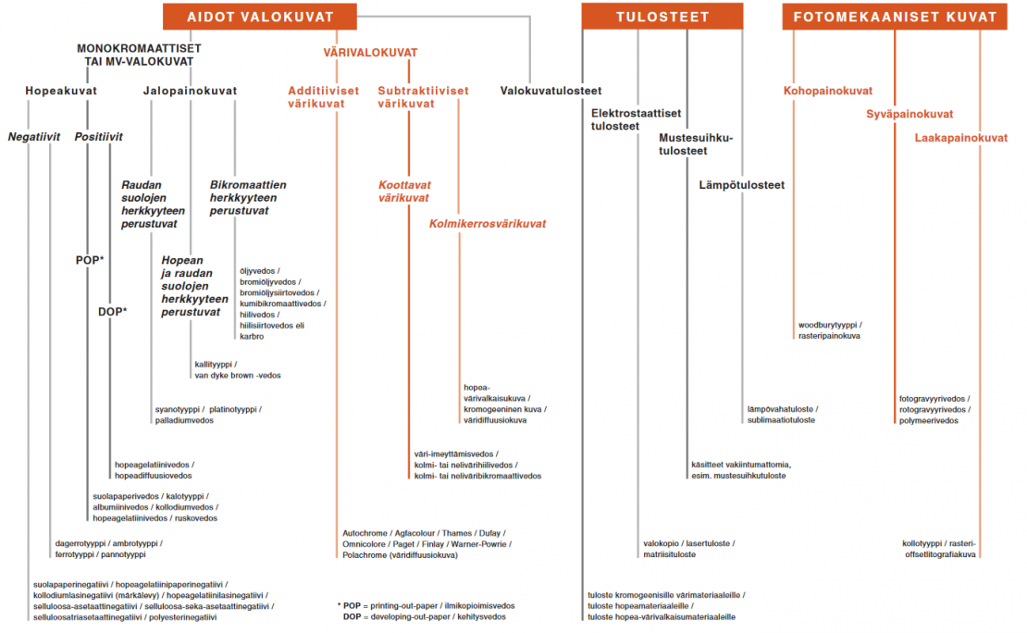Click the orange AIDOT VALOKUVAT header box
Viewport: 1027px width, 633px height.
tap(260, 17)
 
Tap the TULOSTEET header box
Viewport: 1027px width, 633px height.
tap(662, 17)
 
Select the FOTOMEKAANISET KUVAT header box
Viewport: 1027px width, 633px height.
tap(895, 17)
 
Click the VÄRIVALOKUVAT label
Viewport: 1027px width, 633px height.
tap(370, 53)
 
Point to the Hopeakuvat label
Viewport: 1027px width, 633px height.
tap(61, 91)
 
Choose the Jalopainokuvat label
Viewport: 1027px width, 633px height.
tap(190, 91)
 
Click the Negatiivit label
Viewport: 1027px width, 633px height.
tap(34, 136)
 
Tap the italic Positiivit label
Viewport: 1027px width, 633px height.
tap(98, 136)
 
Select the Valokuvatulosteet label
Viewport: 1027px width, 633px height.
tap(551, 91)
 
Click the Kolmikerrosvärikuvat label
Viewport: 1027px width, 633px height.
tap(488, 223)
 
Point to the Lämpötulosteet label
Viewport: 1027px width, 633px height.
tap(741, 185)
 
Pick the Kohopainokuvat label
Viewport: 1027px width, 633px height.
tap(828, 91)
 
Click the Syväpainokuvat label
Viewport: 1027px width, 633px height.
tap(909, 114)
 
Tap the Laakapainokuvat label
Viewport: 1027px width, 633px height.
tap(961, 138)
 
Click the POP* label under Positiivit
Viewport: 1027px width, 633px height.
tap(90, 260)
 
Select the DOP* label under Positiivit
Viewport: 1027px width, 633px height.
tap(113, 312)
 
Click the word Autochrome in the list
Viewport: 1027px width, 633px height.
tap(365, 533)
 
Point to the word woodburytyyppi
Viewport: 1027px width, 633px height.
tap(827, 325)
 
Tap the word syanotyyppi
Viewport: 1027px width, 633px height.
tap(177, 410)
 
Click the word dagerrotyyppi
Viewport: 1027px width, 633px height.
tap(80, 544)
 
